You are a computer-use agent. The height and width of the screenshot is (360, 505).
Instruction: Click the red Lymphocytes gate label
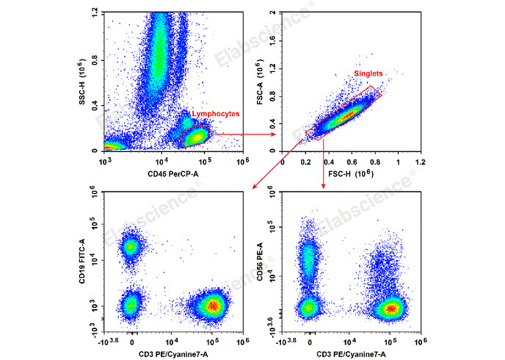click(216, 114)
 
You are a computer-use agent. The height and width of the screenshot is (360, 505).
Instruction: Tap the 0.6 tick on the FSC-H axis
click(351, 161)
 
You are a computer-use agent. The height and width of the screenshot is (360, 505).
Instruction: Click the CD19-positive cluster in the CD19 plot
click(131, 247)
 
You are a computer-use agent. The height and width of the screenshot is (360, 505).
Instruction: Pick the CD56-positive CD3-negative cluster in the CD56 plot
click(309, 256)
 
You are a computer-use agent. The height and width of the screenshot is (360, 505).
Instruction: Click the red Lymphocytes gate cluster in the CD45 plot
click(196, 137)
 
